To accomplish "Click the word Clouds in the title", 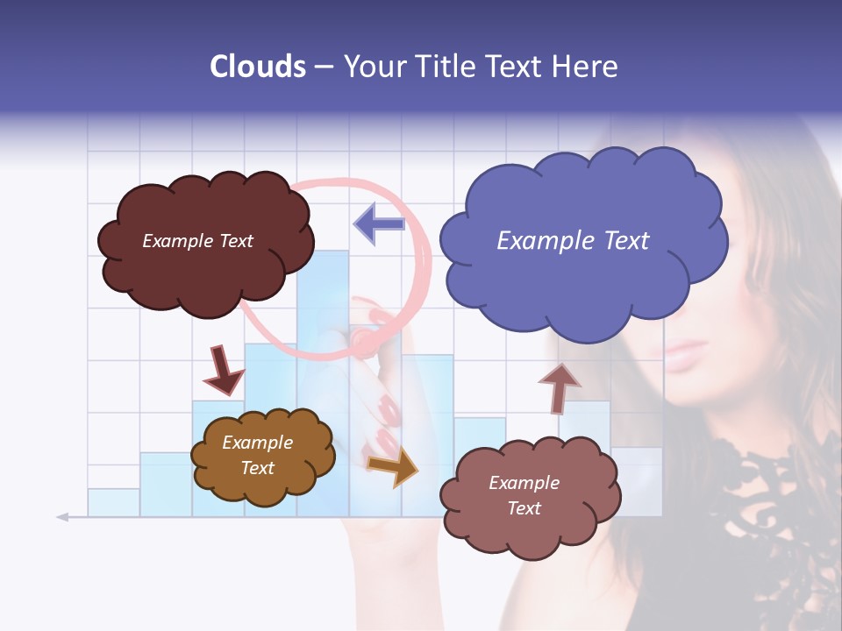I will pyautogui.click(x=257, y=67).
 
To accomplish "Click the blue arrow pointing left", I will pyautogui.click(x=379, y=223).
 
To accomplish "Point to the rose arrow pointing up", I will pyautogui.click(x=559, y=386).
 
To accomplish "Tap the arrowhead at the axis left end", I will pyautogui.click(x=62, y=517).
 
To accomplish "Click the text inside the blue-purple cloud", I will pyautogui.click(x=573, y=241).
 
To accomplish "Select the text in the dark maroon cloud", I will pyautogui.click(x=197, y=241).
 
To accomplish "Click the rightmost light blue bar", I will pyautogui.click(x=638, y=482).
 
